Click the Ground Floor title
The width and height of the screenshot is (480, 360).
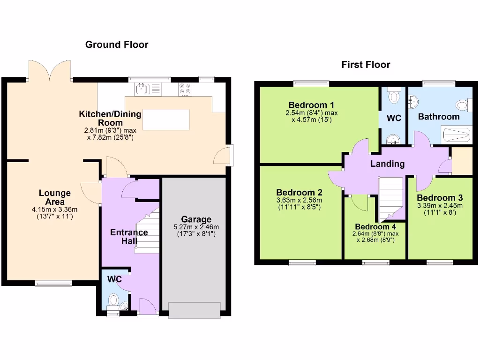[117, 45]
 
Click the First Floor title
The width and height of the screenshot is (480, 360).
[366, 65]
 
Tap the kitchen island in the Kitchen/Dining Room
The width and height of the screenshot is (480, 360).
[166, 119]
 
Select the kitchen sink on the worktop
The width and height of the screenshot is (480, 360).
[142, 88]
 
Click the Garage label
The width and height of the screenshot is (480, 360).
[196, 219]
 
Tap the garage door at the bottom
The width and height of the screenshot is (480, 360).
[194, 310]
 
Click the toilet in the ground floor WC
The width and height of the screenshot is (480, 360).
[113, 300]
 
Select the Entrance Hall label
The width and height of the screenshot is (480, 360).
[129, 237]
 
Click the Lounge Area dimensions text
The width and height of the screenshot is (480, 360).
[55, 213]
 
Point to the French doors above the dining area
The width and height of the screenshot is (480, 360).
[50, 70]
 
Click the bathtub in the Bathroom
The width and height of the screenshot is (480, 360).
[456, 136]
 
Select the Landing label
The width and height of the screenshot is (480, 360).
[387, 164]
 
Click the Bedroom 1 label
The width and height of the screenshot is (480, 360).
[311, 105]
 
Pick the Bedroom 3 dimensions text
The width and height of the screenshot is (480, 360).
[439, 209]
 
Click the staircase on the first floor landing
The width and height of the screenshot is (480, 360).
[390, 197]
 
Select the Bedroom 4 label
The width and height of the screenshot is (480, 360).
[375, 227]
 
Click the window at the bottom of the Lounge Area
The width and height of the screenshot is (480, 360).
[53, 283]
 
